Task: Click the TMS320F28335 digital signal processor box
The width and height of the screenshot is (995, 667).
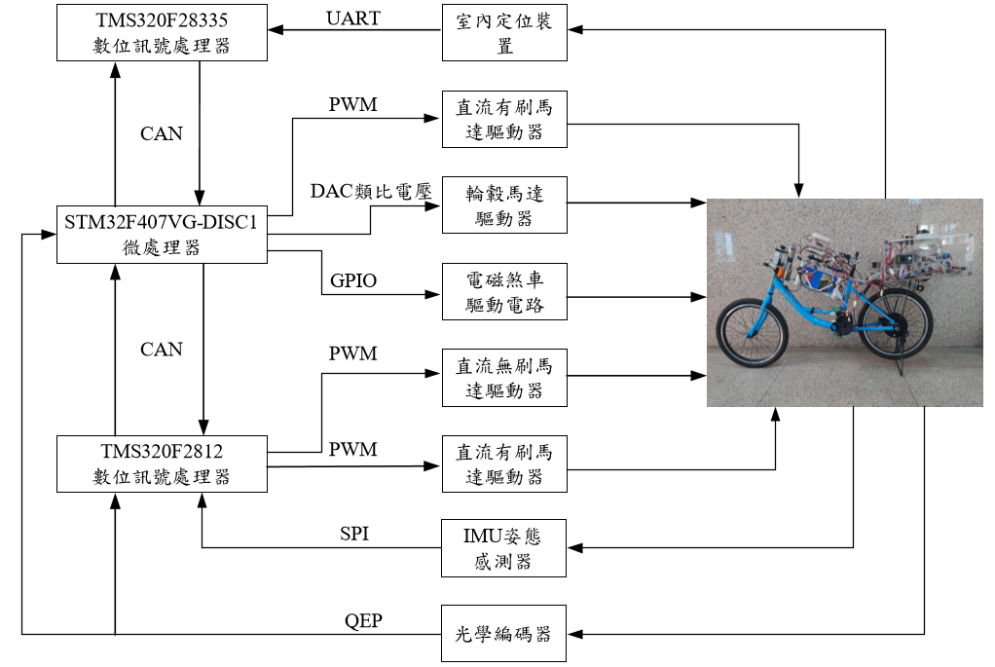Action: point(162,32)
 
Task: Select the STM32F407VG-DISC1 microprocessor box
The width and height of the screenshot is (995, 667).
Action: point(162,236)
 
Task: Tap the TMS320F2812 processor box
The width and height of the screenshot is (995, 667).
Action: point(162,463)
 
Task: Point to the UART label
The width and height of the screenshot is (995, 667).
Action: point(353,18)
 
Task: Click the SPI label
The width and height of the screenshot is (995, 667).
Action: point(353,534)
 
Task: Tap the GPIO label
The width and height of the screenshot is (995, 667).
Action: point(352,281)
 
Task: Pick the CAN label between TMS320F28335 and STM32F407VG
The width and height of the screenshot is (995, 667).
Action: point(161,133)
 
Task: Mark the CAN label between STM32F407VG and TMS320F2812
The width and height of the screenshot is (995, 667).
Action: point(161,349)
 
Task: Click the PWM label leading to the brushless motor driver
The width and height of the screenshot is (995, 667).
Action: point(352,353)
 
